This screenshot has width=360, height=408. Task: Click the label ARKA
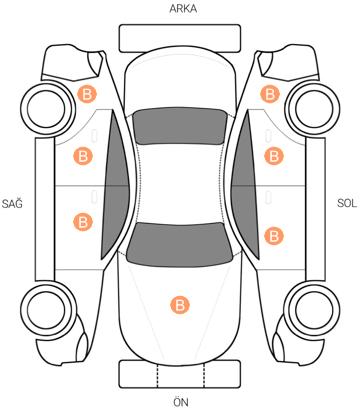tap(183, 9)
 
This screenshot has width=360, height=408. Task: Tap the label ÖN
tap(180, 401)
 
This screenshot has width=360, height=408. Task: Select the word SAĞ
tap(12, 203)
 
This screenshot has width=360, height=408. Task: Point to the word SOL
tap(347, 203)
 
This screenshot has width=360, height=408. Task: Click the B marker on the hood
tap(180, 304)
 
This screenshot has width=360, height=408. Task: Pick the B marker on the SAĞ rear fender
tap(87, 94)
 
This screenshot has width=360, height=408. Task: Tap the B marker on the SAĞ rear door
tap(83, 156)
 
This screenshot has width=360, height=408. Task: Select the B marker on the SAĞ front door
tap(83, 222)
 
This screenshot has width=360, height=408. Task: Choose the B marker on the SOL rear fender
tap(269, 94)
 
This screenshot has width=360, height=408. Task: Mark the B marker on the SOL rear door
tap(274, 156)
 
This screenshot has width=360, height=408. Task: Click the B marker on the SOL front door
tap(274, 236)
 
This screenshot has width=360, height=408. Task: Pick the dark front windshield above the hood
tap(180, 245)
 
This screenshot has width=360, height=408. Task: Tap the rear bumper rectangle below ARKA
tap(180, 38)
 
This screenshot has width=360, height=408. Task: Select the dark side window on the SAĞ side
tap(115, 185)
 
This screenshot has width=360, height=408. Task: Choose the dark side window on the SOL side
tap(245, 185)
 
